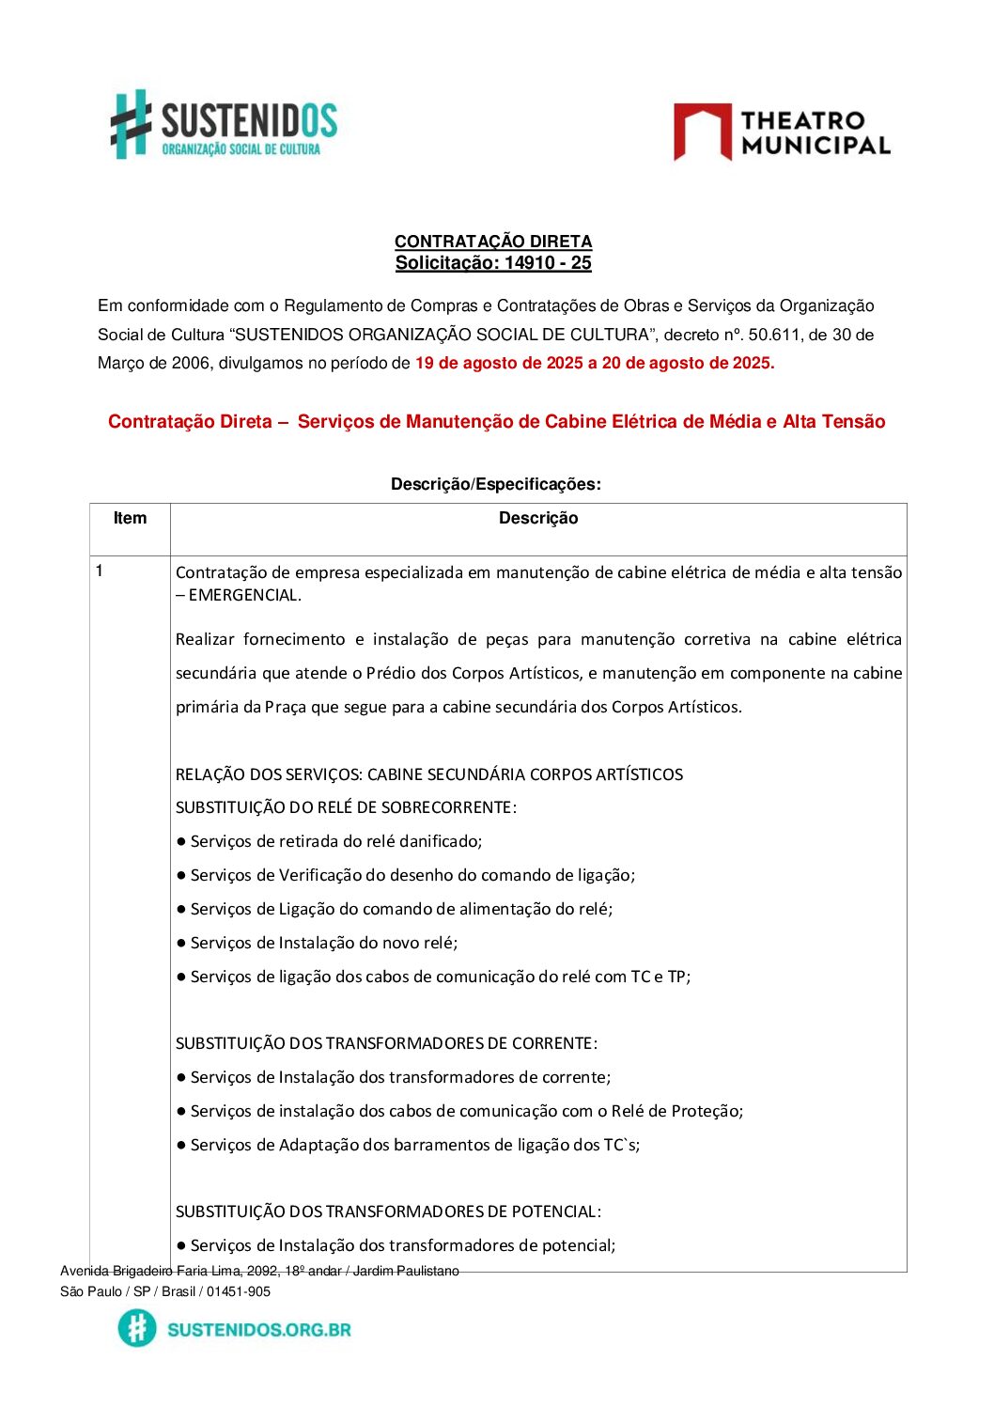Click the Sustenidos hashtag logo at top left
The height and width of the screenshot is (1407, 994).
[132, 123]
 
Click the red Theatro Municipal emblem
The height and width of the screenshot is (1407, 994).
[702, 131]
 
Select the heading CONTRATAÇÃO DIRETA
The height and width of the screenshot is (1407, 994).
[492, 242]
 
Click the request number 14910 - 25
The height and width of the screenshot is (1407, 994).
[548, 263]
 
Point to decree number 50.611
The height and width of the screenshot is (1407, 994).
[774, 335]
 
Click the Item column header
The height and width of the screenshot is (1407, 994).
[130, 518]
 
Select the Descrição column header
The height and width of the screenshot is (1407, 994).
[537, 518]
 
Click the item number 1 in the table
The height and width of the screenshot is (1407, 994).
[100, 571]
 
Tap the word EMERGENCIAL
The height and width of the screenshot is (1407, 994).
[244, 595]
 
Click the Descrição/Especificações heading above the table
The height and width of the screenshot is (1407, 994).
[495, 484]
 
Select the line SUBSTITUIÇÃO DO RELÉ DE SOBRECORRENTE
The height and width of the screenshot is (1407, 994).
[346, 807]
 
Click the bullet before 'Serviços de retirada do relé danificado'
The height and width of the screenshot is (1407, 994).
[181, 841]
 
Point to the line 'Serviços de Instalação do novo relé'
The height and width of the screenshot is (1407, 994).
[324, 943]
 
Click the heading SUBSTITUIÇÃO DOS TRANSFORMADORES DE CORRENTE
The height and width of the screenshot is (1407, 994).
[386, 1043]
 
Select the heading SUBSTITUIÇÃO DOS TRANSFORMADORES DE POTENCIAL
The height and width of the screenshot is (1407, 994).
[388, 1212]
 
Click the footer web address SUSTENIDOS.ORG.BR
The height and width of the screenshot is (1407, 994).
[259, 1329]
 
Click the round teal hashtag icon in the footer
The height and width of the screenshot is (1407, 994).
[137, 1328]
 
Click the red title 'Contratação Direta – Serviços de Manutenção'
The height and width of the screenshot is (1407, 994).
[496, 422]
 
